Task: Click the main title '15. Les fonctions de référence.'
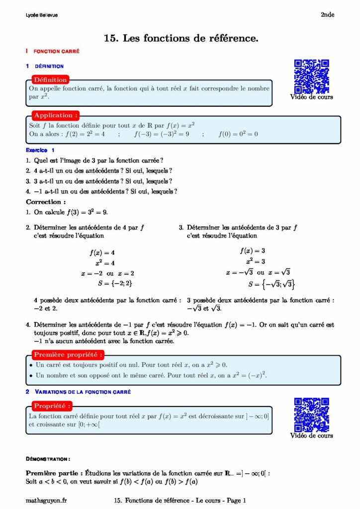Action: pyautogui.click(x=181, y=38)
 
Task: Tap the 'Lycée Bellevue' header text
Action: pyautogui.click(x=42, y=15)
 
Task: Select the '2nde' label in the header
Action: pyautogui.click(x=327, y=15)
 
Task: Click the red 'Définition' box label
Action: pyautogui.click(x=50, y=80)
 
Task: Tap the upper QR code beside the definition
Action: pyautogui.click(x=311, y=77)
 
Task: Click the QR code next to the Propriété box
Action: pyautogui.click(x=311, y=415)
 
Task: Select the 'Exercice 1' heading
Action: pyautogui.click(x=40, y=150)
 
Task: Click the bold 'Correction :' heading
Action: pyautogui.click(x=46, y=202)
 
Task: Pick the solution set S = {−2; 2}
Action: pyautogui.click(x=115, y=284)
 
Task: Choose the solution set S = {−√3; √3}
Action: pyautogui.click(x=271, y=284)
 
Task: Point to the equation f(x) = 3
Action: pyautogui.click(x=252, y=251)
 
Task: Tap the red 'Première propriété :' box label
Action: pyautogui.click(x=69, y=354)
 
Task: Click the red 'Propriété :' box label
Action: pyautogui.click(x=53, y=406)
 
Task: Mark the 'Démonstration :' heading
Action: pyautogui.click(x=48, y=459)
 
